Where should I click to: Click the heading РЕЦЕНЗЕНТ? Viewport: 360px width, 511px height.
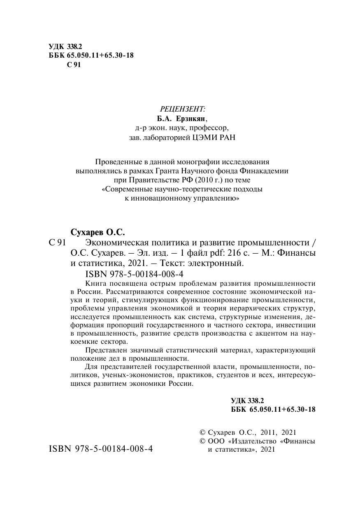click(x=181, y=109)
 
